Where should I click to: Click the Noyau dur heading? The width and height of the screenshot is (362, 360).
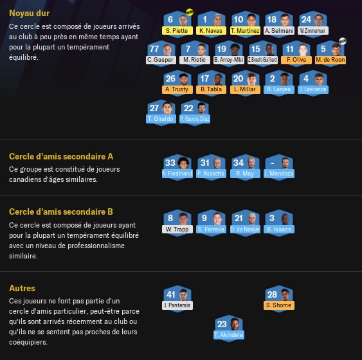(30, 13)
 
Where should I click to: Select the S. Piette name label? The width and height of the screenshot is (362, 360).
(177, 31)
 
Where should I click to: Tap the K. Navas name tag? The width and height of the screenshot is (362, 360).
(211, 31)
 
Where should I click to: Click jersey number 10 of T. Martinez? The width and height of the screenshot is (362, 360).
(239, 19)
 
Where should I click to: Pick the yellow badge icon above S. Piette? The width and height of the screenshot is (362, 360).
(190, 12)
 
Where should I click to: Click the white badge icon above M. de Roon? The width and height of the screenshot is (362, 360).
(343, 41)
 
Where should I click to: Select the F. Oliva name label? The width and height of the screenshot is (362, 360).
(296, 60)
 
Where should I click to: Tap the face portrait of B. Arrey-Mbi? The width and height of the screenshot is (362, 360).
(235, 49)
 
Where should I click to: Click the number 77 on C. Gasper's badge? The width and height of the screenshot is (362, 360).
(154, 49)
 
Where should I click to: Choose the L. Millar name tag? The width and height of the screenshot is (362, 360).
(245, 89)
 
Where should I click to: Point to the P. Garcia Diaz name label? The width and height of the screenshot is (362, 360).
(195, 119)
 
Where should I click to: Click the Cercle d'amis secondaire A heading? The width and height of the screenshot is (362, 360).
(61, 156)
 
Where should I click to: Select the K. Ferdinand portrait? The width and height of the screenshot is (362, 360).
(183, 163)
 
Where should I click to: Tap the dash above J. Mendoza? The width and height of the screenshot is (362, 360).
(273, 163)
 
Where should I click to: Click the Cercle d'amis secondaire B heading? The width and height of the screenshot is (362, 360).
(61, 212)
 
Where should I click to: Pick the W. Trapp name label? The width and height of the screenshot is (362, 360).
(177, 230)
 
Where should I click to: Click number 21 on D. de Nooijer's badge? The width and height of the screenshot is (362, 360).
(239, 218)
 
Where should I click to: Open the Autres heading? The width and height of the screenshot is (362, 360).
(22, 288)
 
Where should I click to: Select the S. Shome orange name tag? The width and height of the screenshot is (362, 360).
(279, 305)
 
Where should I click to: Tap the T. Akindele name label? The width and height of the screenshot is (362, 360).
(229, 335)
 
